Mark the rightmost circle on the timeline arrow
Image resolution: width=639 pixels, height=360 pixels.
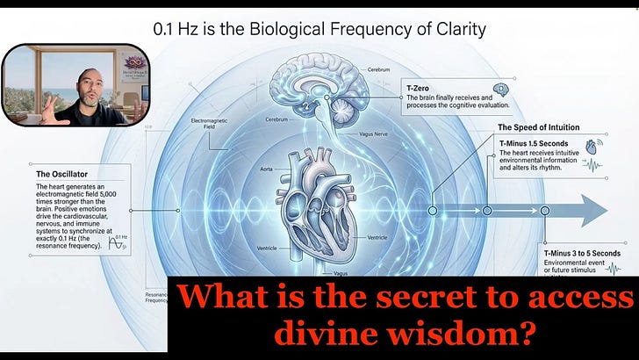(545, 210)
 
